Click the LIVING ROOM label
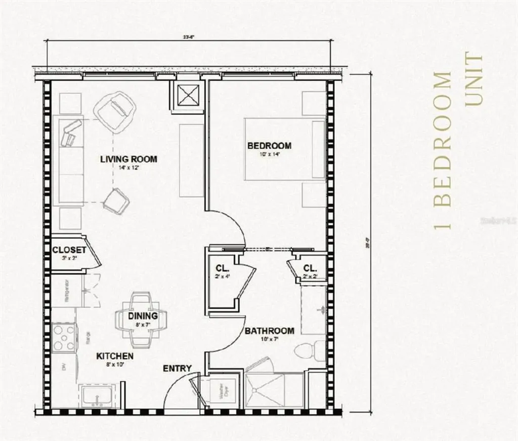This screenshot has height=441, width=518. click(128, 159)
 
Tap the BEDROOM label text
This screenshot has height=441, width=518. click(269, 146)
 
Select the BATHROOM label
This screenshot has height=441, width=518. click(269, 331)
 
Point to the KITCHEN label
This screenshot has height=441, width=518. click(115, 356)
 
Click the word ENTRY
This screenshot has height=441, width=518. click(177, 368)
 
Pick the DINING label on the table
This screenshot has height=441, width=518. click(143, 316)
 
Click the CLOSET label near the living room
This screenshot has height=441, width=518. click(69, 250)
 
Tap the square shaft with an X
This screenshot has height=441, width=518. click(188, 94)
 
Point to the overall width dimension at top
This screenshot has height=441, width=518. click(190, 36)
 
